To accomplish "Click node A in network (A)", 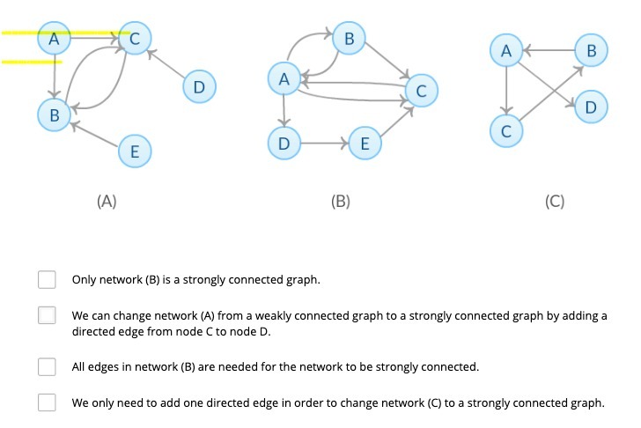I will pos(54,39).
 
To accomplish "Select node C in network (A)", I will pos(135,39).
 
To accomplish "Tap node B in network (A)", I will pos(54,114).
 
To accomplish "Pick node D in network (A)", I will pos(198,87).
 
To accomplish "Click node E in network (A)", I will pos(133,151).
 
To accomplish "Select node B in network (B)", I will pos(350,39).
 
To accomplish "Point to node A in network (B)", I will pos(283,80).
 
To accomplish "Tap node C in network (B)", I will pos(421,90).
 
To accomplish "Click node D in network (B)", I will pos(283,143).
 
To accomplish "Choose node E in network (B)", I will pos(365,143).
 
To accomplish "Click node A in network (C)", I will pos(505,52).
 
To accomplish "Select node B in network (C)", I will pos(591,52).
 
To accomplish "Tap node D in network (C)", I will pos(590,107).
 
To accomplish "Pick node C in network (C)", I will pos(505,131).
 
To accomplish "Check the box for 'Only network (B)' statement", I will pos(47,280).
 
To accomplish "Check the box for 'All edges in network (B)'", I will pos(47,365).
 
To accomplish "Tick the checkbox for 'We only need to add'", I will pos(47,402).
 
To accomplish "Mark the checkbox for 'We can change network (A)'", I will pos(47,315).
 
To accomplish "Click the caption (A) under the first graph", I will pos(107,201).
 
